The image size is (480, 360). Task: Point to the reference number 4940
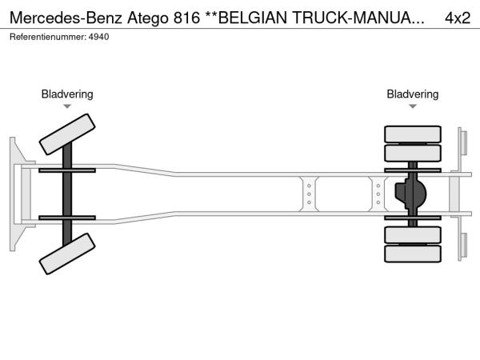point(99,37)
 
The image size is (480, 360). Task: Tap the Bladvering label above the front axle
point(67,94)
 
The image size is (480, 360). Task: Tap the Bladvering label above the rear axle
point(413,94)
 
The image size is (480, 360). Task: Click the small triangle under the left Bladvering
point(67,106)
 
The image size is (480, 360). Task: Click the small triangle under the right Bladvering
point(413,106)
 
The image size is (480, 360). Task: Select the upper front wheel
point(67,134)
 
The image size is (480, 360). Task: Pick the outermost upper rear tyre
point(413,133)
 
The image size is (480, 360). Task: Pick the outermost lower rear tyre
point(413,254)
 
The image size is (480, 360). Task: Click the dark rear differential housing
point(411,194)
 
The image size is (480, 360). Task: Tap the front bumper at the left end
point(15,194)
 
